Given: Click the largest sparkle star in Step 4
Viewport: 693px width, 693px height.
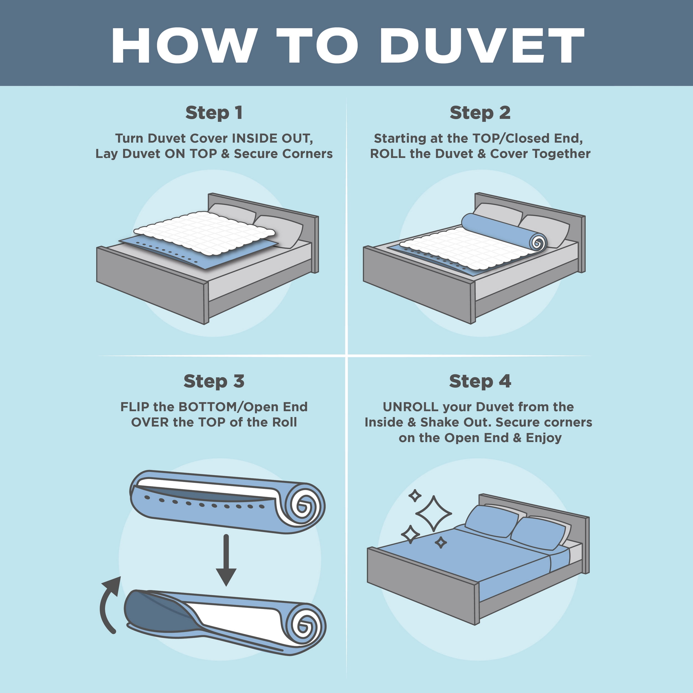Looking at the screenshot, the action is click(x=434, y=514).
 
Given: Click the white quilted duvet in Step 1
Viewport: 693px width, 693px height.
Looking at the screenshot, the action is click(x=205, y=233).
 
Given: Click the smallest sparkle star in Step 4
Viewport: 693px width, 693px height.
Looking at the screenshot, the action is click(x=441, y=543).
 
